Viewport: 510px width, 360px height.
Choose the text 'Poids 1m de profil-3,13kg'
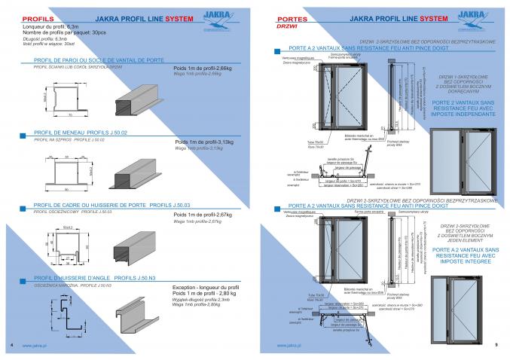204,142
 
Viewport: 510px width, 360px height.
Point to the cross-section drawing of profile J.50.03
63,247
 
